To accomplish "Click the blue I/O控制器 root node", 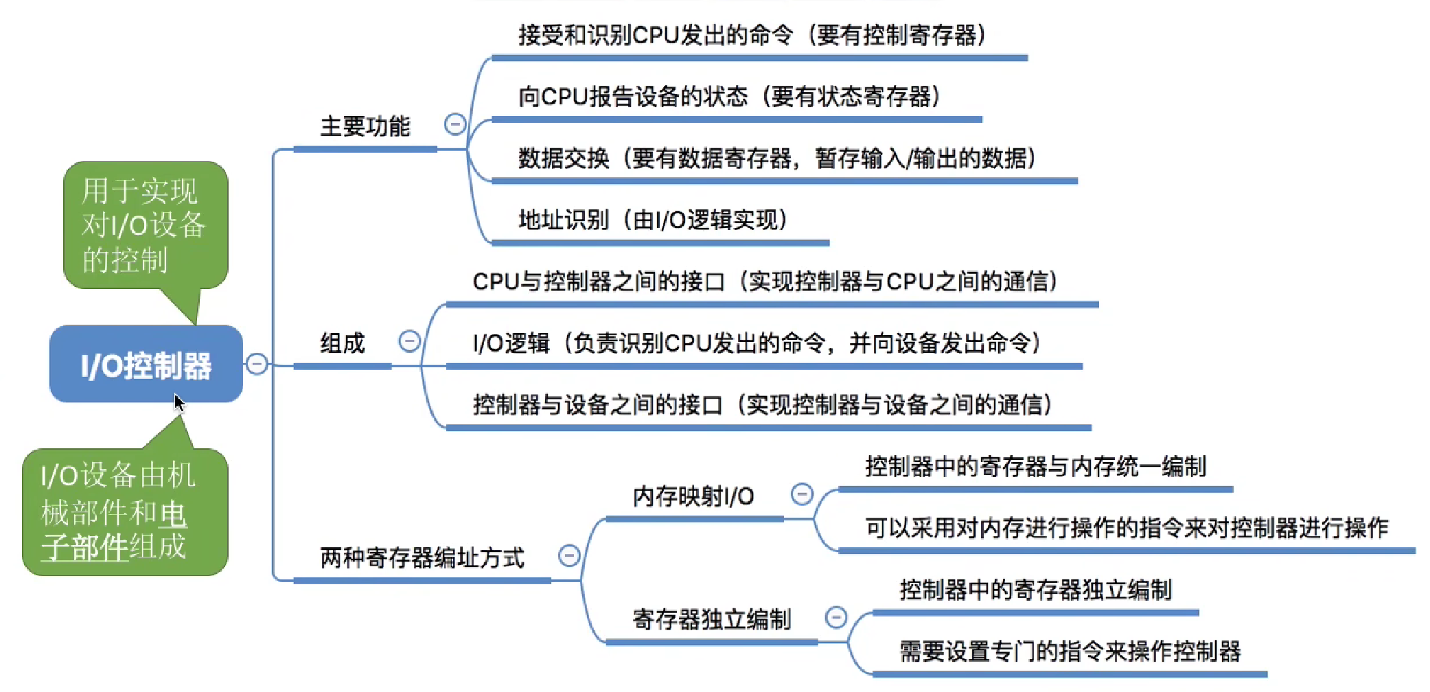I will tap(146, 365).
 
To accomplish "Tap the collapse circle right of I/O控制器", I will tap(257, 364).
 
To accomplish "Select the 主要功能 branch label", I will tap(365, 126).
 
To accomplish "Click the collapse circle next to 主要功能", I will tap(455, 124).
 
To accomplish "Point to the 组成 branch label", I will tap(342, 343).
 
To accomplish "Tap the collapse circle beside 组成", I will tap(410, 341).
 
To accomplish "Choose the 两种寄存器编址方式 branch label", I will tap(422, 557).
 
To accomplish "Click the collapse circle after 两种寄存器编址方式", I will tap(569, 555).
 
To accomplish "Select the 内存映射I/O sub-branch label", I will tap(693, 496).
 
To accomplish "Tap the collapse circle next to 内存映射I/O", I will tap(802, 494).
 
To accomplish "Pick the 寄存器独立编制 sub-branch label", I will tap(711, 619).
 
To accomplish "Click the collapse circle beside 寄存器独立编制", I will tap(835, 617).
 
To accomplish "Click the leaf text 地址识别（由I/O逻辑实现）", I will tap(652, 220).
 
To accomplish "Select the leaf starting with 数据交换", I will tap(776, 158).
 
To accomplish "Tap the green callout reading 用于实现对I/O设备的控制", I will tap(144, 225).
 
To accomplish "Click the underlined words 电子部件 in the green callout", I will tap(114, 531).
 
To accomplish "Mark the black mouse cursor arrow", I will tap(178, 402).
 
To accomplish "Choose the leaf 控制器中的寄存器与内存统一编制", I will tap(1035, 467).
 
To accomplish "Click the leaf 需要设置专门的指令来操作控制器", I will tap(1070, 651).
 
